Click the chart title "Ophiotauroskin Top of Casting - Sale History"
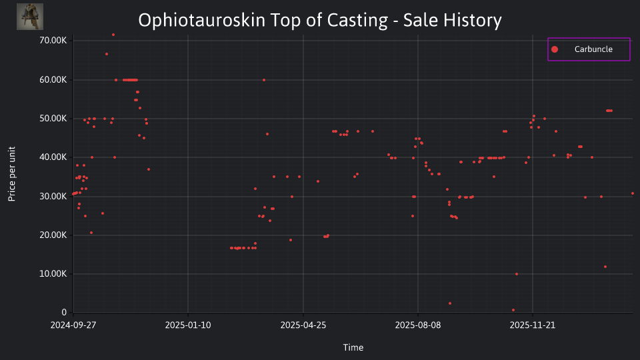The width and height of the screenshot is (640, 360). [319, 20]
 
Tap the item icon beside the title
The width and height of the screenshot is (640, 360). [30, 17]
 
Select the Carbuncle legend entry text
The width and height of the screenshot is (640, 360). [593, 49]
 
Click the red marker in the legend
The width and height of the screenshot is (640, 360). [554, 49]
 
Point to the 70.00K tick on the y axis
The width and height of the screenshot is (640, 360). [53, 41]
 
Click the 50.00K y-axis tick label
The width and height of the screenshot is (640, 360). [53, 119]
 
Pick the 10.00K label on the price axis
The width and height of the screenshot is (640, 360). [53, 273]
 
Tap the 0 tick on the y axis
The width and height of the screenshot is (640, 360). [64, 312]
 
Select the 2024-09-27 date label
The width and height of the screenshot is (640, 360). [73, 325]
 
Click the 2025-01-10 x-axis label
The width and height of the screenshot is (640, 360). [188, 325]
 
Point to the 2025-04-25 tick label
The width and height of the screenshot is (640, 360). [303, 325]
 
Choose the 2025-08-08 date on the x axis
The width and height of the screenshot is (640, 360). [418, 325]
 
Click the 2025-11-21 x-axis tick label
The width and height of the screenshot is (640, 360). [533, 325]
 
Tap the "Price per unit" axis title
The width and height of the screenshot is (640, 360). [12, 174]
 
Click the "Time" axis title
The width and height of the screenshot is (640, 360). [353, 347]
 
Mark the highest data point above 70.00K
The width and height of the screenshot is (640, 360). [113, 35]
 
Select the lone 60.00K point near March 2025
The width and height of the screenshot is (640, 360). [264, 80]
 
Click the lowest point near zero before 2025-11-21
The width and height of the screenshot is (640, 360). [513, 310]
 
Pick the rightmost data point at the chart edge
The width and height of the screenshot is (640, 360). [633, 193]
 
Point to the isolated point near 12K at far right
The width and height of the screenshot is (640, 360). [605, 267]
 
